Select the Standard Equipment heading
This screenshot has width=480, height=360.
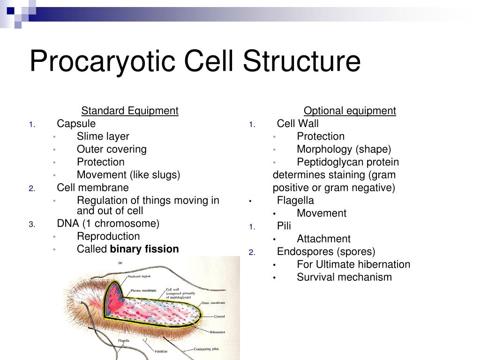(130, 111)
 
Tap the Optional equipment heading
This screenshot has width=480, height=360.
(350, 111)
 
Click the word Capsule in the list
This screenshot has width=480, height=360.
(76, 124)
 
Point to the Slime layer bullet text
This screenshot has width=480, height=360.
(103, 136)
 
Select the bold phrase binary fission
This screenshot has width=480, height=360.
(144, 249)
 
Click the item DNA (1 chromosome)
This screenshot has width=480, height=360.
(108, 224)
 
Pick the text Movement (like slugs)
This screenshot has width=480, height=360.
(128, 175)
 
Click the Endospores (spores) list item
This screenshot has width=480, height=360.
(326, 252)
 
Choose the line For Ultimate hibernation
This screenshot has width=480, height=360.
(353, 264)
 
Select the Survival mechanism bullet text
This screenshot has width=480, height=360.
(344, 277)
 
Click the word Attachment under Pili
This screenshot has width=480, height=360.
(323, 239)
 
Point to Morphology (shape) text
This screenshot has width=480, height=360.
(344, 150)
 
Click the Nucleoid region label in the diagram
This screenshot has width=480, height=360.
(139, 277)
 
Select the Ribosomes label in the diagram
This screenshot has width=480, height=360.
(217, 332)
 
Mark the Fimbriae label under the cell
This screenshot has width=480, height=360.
(162, 350)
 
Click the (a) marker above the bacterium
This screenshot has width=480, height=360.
(120, 263)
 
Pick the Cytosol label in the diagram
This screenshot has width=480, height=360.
(219, 316)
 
